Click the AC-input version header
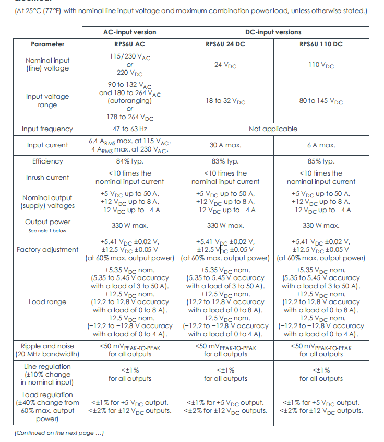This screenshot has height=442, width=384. [130, 32]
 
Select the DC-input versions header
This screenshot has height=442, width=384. [273, 32]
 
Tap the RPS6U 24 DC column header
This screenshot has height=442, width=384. [225, 44]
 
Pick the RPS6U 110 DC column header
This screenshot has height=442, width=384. [321, 44]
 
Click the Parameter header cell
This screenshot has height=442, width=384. [47, 44]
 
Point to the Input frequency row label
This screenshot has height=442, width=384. [47, 129]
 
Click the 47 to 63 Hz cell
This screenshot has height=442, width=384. [130, 129]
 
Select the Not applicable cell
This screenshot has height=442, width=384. [273, 129]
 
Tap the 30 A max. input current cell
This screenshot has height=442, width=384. [225, 145]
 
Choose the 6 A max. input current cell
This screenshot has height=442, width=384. [321, 145]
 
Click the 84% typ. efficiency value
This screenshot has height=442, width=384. [130, 161]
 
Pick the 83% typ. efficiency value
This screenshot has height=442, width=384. [225, 161]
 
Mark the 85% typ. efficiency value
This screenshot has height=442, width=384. [321, 161]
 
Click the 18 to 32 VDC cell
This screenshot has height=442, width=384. [225, 101]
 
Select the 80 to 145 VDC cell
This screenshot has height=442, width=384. [321, 101]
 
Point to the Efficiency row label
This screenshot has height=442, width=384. [47, 161]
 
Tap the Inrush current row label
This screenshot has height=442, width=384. [47, 178]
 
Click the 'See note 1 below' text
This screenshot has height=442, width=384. [47, 231]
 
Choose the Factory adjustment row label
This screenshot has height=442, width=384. [47, 250]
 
